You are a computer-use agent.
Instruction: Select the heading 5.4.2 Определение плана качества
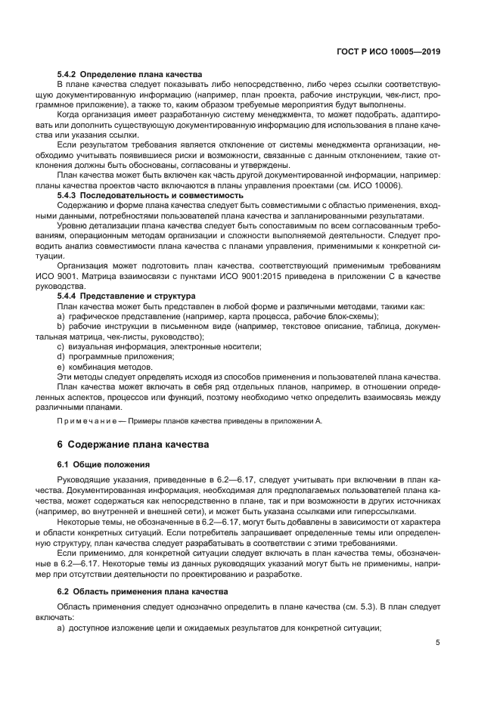click(x=130, y=75)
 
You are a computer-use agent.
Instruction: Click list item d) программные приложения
click(x=116, y=355)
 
